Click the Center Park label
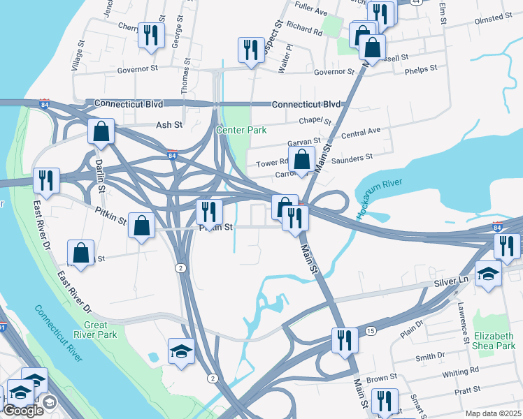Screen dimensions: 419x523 pyautogui.click(x=239, y=131)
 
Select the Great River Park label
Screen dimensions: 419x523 pyautogui.click(x=95, y=330)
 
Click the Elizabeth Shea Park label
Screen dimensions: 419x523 pyautogui.click(x=494, y=341)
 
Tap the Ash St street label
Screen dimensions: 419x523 pyautogui.click(x=169, y=124)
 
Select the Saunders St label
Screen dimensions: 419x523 pyautogui.click(x=352, y=159)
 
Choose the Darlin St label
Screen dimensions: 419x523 pyautogui.click(x=100, y=175)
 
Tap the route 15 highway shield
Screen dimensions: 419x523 pyautogui.click(x=371, y=330)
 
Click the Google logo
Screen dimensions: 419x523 pyautogui.click(x=23, y=411)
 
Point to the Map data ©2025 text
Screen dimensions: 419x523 pyautogui.click(x=494, y=413)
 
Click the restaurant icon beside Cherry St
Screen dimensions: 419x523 pyautogui.click(x=150, y=35)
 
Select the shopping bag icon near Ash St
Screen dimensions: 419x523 pyautogui.click(x=101, y=131)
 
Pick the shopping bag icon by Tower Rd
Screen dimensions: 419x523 pyautogui.click(x=301, y=159)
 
